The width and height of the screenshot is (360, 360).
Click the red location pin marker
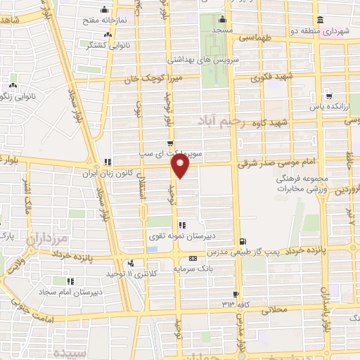coord(181,166)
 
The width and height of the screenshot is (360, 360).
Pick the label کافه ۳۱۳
coord(226,304)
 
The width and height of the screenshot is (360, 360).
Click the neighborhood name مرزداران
coord(49,241)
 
